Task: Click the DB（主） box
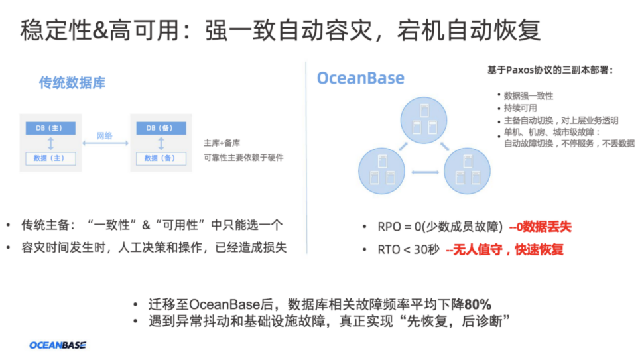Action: point(50,127)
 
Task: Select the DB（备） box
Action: point(159,127)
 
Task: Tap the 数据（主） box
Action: point(50,158)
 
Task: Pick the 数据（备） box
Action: point(159,158)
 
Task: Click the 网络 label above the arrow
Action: point(105,135)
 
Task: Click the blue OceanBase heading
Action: point(360,78)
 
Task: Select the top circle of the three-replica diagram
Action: point(424,121)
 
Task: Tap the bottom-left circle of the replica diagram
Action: point(381,171)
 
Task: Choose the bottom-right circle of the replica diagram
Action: point(467,171)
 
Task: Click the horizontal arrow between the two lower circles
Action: point(424,173)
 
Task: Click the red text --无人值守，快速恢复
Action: point(504,250)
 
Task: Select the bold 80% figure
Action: point(478,304)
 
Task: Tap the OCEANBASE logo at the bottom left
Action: point(58,345)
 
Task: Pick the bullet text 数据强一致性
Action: point(528,96)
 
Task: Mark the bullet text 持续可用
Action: point(520,108)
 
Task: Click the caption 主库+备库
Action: point(222,143)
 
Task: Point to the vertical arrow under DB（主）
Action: point(50,143)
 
